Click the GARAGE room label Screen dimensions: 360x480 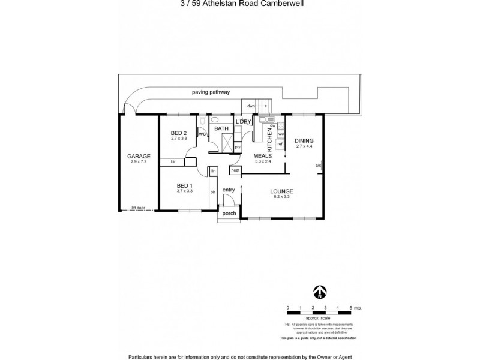coord(139,156)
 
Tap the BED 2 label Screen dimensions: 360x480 coord(179,132)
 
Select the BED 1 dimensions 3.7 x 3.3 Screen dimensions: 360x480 coord(184,191)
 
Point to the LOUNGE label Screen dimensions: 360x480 coord(281,191)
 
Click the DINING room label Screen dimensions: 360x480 coord(305,140)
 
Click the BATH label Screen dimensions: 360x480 coord(221,129)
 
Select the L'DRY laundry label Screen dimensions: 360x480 coord(243,122)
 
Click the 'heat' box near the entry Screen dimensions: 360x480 coord(235,170)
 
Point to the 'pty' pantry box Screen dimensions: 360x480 coord(238,146)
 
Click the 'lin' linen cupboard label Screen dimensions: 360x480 coord(213,171)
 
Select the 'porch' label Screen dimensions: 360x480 coord(229,213)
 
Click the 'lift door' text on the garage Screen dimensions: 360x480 coord(139,208)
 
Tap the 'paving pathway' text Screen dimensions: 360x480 coord(211,92)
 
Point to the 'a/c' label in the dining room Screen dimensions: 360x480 coord(319,166)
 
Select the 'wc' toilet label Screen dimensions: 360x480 coord(203,134)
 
